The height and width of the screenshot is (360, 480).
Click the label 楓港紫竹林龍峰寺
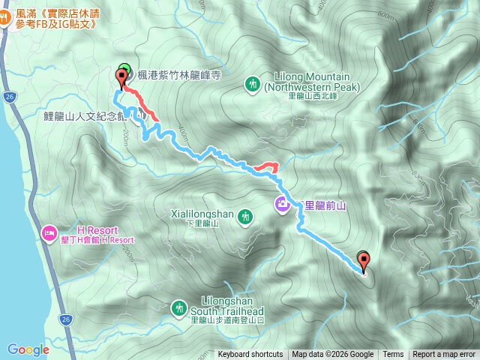point(178,75)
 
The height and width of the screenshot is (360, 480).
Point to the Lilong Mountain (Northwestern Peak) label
point(312,82)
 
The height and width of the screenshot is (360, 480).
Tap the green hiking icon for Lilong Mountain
point(253,82)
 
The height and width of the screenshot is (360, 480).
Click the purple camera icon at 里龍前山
point(283,202)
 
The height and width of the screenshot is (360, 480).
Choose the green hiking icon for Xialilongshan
point(244,217)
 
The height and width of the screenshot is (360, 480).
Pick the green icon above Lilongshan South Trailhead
point(178,307)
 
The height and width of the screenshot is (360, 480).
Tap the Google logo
point(28,349)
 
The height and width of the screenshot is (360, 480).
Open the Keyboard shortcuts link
point(250,355)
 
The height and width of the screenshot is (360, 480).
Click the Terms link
point(393,355)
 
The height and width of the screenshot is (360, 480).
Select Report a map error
point(444,355)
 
